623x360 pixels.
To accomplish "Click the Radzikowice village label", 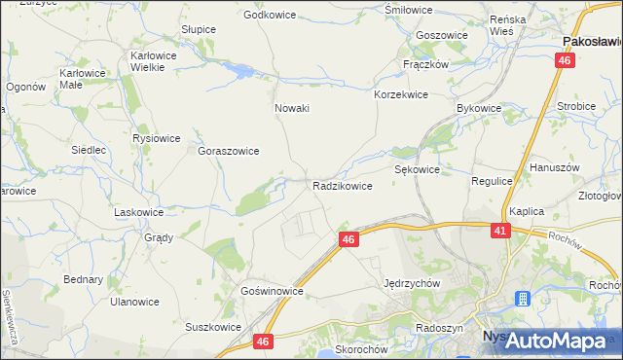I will [x=342, y=185].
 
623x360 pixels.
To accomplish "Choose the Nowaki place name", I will [x=292, y=108].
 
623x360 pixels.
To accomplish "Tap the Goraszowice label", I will [x=228, y=152].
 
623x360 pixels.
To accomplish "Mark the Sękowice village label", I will [x=417, y=169].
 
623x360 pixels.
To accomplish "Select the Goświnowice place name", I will [x=272, y=291].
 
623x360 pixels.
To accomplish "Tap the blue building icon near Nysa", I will [x=523, y=299].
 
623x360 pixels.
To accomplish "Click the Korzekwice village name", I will [x=401, y=95].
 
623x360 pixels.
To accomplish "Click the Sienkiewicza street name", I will [x=11, y=318].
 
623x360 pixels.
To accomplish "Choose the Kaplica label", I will [x=525, y=211].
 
